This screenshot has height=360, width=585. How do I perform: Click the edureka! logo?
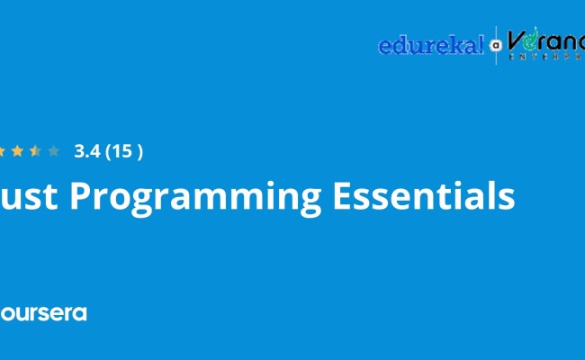[431, 45]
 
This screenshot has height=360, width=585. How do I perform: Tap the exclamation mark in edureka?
[481, 44]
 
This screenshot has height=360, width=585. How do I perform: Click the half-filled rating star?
[35, 151]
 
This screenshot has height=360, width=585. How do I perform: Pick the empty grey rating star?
[53, 151]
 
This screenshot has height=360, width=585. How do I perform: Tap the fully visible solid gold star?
[17, 151]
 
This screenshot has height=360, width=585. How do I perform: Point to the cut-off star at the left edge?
[2, 151]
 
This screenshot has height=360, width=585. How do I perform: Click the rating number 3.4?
[87, 151]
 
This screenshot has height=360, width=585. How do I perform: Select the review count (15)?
[124, 151]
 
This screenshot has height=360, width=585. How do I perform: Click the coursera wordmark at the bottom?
[43, 313]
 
